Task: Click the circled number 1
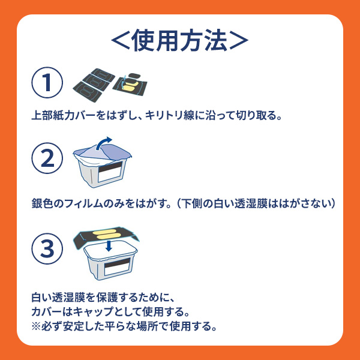pyautogui.click(x=47, y=83)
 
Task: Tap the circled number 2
pyautogui.click(x=47, y=158)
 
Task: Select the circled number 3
pyautogui.click(x=47, y=248)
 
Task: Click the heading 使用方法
pyautogui.click(x=179, y=40)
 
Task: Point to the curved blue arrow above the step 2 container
pyautogui.click(x=102, y=143)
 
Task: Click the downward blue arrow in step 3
pyautogui.click(x=109, y=245)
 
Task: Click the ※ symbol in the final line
pyautogui.click(x=36, y=326)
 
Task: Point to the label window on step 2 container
pyautogui.click(x=110, y=171)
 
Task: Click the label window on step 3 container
pyautogui.click(x=118, y=266)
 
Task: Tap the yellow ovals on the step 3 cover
pyautogui.click(x=106, y=234)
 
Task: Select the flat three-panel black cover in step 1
pyautogui.click(x=94, y=85)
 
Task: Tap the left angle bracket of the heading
pyautogui.click(x=121, y=41)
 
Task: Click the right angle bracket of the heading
pyautogui.click(x=239, y=41)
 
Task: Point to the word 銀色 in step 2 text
pyautogui.click(x=42, y=203)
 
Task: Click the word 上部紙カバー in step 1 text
pyautogui.click(x=64, y=115)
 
